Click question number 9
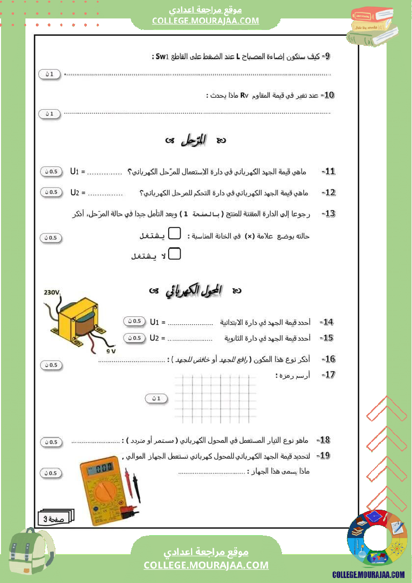pyautogui.click(x=326, y=56)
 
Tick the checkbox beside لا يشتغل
pyautogui.click(x=174, y=254)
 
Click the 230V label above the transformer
pyautogui.click(x=52, y=293)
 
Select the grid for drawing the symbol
pyautogui.click(x=215, y=398)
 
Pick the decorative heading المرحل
pyautogui.click(x=195, y=141)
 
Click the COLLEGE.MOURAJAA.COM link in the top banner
pyautogui.click(x=206, y=21)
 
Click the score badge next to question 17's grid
pyautogui.click(x=157, y=398)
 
